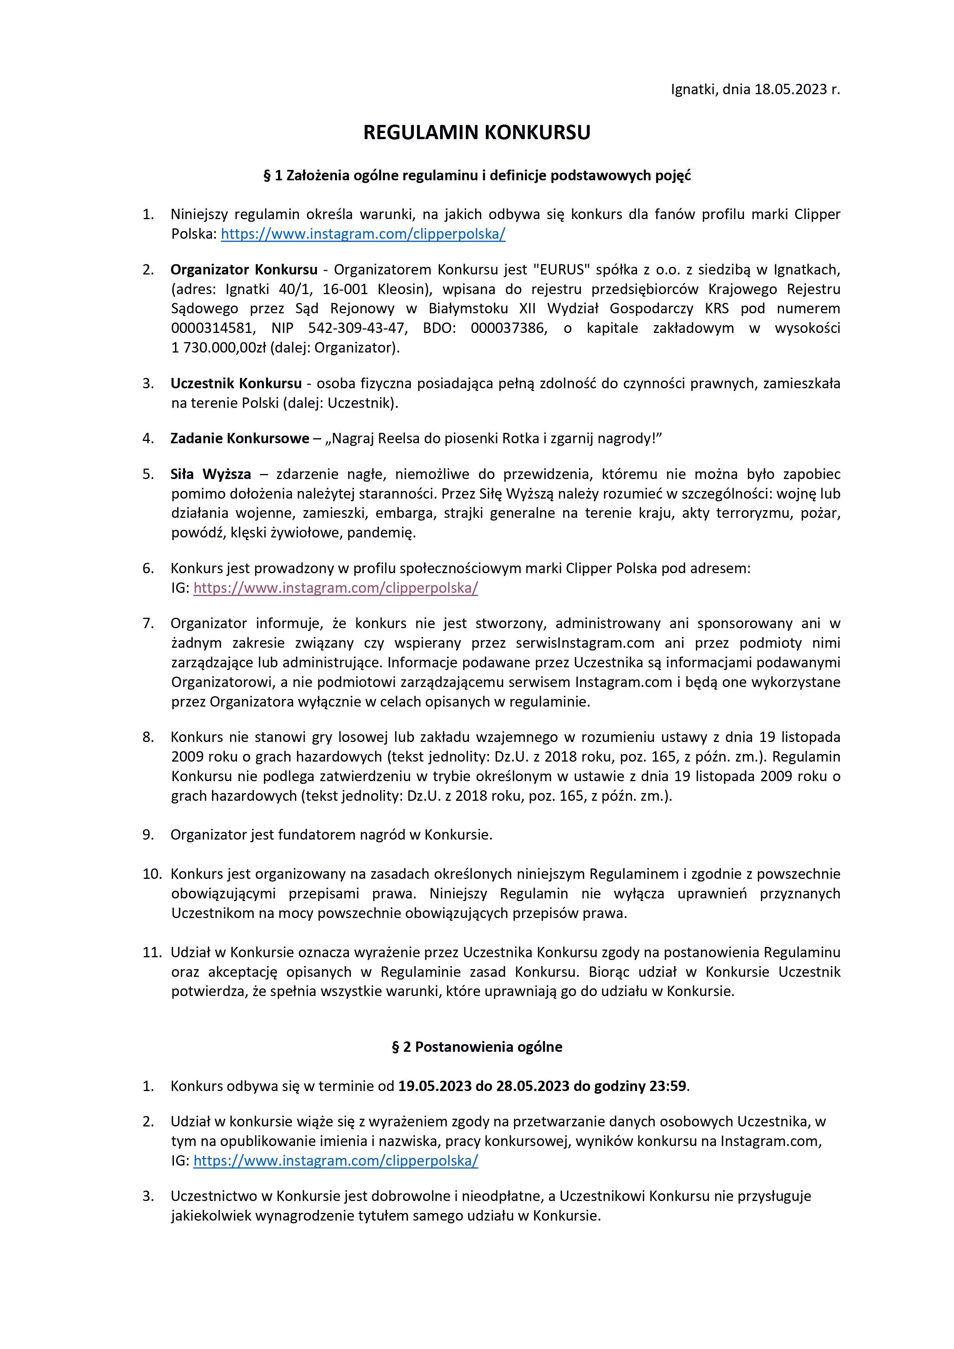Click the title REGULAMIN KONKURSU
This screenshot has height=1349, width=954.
[477, 133]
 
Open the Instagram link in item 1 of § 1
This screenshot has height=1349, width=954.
[363, 234]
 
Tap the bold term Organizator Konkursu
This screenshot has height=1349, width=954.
[244, 269]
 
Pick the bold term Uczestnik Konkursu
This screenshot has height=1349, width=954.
[236, 384]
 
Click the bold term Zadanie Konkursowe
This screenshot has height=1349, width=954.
[240, 438]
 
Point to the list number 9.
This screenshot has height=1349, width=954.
[148, 835]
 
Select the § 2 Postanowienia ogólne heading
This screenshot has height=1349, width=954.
[477, 1046]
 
